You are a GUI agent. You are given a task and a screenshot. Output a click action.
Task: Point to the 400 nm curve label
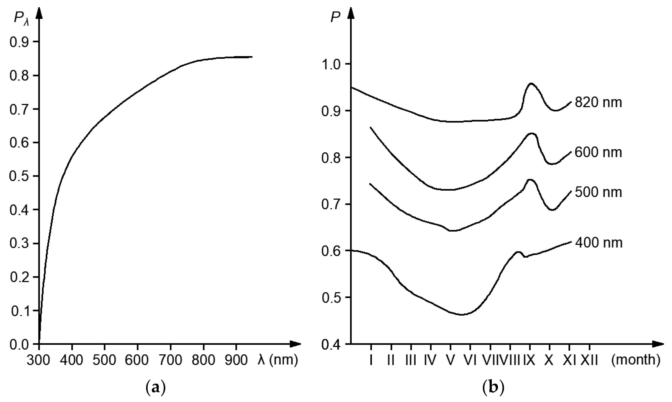[x=599, y=243]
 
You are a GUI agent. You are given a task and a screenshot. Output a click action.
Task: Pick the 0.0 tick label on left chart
[x=19, y=345]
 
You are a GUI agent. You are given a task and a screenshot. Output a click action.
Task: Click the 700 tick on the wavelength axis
[x=170, y=360]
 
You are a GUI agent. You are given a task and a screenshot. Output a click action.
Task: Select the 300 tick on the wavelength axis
[x=38, y=360]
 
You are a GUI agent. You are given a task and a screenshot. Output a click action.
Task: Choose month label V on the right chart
[x=450, y=360]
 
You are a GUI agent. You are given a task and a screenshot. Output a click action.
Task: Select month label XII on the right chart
[x=589, y=360]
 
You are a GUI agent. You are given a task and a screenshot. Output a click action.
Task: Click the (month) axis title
[x=636, y=360]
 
